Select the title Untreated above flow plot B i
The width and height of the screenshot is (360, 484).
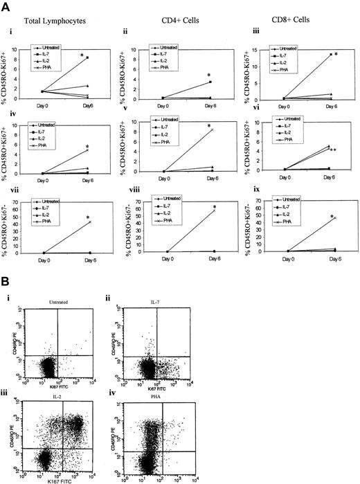pos(63,310)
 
